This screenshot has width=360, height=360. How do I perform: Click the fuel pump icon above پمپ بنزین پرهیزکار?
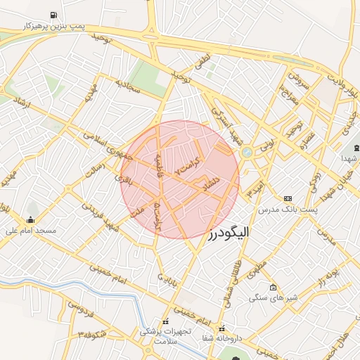pyautogui.click(x=53, y=15)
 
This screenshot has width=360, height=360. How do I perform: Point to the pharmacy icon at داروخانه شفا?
pyautogui.click(x=222, y=328)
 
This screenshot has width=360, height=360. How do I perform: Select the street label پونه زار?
pyautogui.click(x=327, y=275)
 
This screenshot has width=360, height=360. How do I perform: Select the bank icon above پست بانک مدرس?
pyautogui.click(x=287, y=198)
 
